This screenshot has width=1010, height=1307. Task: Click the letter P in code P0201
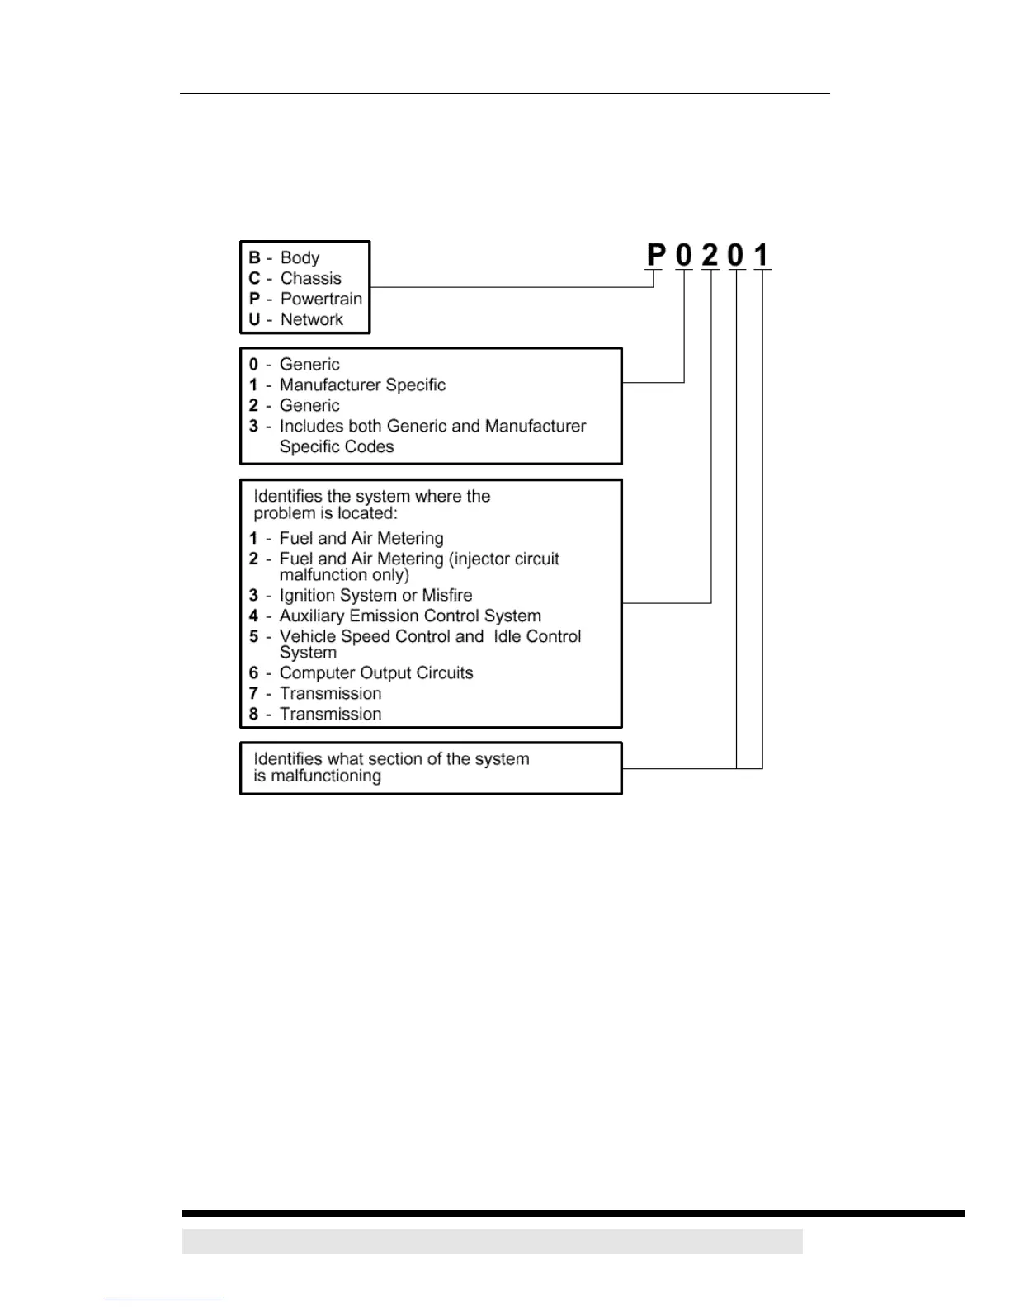(656, 255)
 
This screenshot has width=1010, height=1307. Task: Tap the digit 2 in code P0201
(710, 255)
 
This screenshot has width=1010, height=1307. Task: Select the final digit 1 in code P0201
(762, 255)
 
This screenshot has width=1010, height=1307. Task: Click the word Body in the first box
(300, 258)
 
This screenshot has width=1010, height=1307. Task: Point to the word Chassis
(310, 279)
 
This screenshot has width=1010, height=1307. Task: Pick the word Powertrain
(321, 300)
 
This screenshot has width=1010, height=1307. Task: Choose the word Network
(311, 320)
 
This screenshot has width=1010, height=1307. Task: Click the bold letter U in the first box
(254, 320)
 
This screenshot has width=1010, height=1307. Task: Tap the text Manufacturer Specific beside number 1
(362, 385)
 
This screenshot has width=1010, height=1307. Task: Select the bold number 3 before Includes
(253, 427)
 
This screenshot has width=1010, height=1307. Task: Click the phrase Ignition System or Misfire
(375, 596)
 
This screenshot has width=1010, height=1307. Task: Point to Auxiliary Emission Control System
(410, 616)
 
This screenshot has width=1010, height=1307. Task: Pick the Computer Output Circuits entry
(376, 673)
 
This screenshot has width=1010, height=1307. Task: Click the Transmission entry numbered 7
(330, 694)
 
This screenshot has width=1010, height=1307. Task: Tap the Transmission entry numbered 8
(330, 715)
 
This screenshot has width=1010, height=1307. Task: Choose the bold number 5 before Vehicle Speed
(253, 637)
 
